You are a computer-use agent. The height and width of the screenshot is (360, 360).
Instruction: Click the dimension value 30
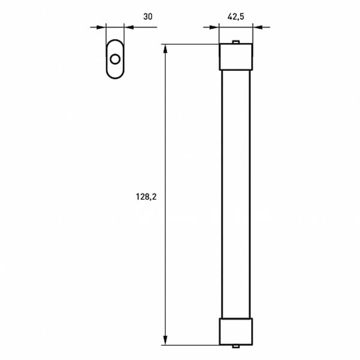pyautogui.click(x=148, y=17)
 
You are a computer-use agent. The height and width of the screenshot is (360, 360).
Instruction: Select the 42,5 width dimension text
pyautogui.click(x=236, y=17)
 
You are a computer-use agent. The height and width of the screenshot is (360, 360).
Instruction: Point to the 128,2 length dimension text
pyautogui.click(x=146, y=196)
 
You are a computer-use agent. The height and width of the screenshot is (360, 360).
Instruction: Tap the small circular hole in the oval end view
pyautogui.click(x=115, y=59)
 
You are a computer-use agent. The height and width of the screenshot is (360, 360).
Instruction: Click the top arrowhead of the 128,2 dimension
pyautogui.click(x=165, y=48)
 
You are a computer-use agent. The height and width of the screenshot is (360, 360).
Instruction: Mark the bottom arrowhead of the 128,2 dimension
pyautogui.click(x=165, y=341)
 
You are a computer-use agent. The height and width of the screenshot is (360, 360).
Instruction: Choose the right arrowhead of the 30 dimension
pyautogui.click(x=128, y=26)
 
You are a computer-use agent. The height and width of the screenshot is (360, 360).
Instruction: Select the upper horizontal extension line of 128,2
pyautogui.click(x=192, y=44)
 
